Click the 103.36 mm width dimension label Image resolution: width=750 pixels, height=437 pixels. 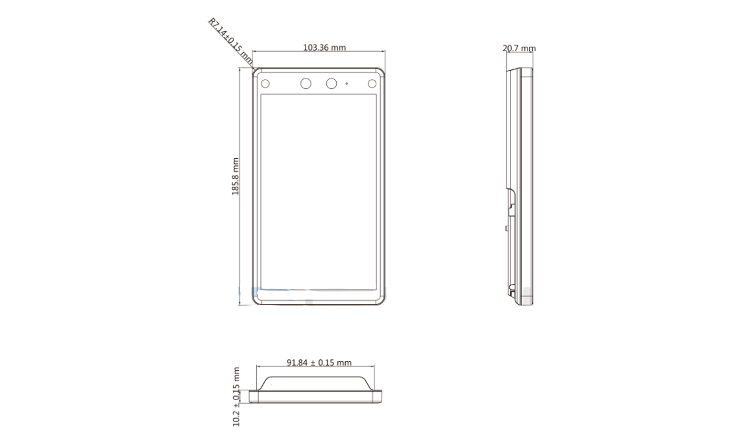coord(324,47)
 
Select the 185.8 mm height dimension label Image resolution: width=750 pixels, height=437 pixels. coord(236,176)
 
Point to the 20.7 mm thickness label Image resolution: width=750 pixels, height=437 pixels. coord(519,48)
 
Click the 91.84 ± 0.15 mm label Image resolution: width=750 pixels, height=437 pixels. coord(319,362)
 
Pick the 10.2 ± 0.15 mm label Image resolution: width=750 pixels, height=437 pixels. coord(236,396)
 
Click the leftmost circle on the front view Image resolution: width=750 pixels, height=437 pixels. coord(265,84)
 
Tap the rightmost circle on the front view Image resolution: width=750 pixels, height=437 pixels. coord(372,84)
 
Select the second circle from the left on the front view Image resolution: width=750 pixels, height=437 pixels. coord(306,84)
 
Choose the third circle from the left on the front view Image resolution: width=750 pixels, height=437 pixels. coord(331,84)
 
